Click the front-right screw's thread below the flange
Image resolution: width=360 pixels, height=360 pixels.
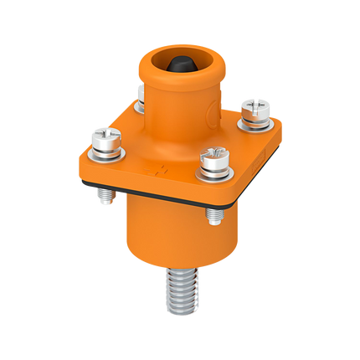coord(213,216)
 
